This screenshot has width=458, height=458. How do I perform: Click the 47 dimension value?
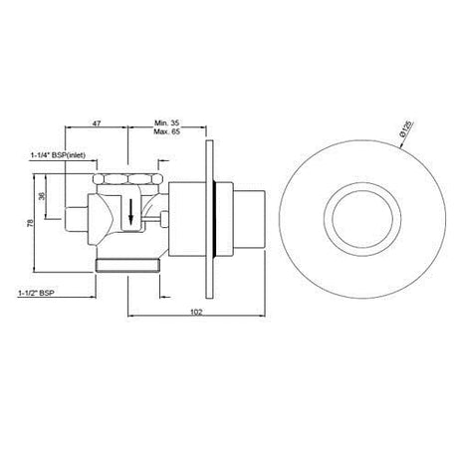[x=96, y=123]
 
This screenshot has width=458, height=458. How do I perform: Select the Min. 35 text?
[x=167, y=123]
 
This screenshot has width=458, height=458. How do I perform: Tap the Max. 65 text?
[x=166, y=131]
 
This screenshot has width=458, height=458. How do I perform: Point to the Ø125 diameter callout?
[x=407, y=129]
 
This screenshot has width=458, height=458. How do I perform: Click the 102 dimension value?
[x=196, y=312]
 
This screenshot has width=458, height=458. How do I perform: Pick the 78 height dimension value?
[x=31, y=223]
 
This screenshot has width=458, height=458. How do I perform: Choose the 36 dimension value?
[x=42, y=196]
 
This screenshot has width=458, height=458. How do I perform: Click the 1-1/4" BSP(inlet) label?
[x=58, y=155]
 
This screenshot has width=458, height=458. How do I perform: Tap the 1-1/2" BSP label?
[x=37, y=293]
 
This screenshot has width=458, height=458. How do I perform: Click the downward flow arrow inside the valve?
[x=131, y=211]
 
